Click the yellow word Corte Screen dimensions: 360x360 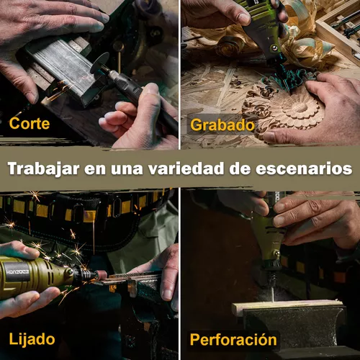[x=30, y=123]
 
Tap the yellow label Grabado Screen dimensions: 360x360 [x=222, y=125]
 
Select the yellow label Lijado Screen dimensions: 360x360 [x=32, y=339]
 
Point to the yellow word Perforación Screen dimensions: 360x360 [x=233, y=340]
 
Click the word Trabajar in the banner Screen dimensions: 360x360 [x=44, y=168]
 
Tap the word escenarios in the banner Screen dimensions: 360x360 [x=304, y=168]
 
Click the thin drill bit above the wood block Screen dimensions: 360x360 [x=273, y=291]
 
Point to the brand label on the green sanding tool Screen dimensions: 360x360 [x=18, y=272]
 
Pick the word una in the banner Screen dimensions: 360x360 [x=127, y=169]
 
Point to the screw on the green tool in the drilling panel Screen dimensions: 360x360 [x=277, y=253]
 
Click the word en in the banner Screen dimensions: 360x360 [x=95, y=169]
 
